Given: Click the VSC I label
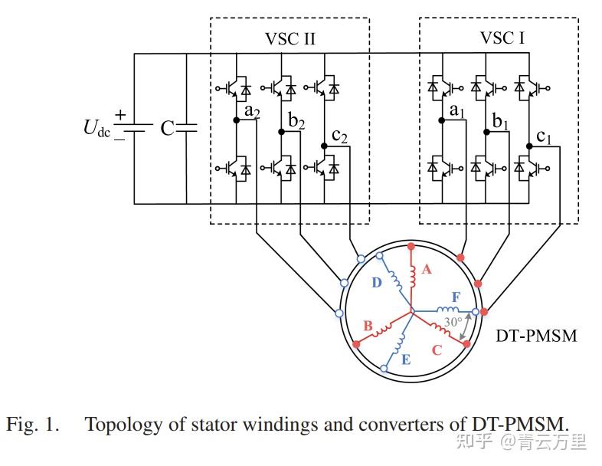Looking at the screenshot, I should click(502, 38).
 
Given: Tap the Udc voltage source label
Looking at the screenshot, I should click(97, 128).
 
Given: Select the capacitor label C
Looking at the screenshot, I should click(167, 128).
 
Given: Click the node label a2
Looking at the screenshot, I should click(254, 112).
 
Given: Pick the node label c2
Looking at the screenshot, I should click(340, 136).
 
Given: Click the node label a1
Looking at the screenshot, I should click(457, 112).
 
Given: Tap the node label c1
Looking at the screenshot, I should click(544, 136).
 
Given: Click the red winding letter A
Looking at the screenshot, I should click(427, 269).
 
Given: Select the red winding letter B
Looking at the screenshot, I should click(368, 327).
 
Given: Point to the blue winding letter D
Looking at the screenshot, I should click(376, 282).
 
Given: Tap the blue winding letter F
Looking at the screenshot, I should click(456, 296).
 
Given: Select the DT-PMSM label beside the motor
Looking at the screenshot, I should click(537, 336).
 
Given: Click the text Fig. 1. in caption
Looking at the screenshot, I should click(33, 424).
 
